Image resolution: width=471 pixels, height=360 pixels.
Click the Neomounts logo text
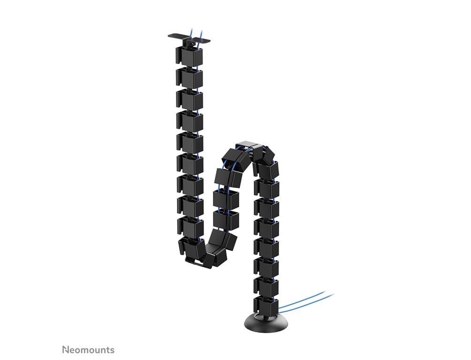pyautogui.click(x=88, y=350)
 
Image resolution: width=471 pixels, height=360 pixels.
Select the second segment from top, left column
pyautogui.click(x=189, y=77)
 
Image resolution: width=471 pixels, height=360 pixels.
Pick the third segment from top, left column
pyautogui.click(x=190, y=99)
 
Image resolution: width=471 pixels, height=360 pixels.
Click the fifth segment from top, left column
pyautogui.click(x=190, y=142)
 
